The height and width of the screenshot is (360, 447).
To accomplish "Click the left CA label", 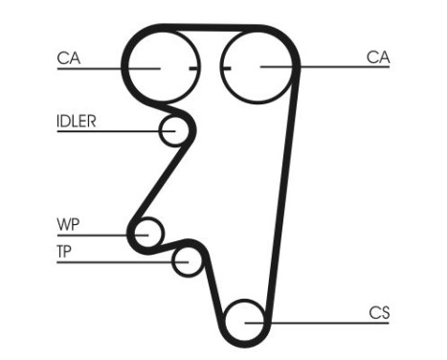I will [68, 58].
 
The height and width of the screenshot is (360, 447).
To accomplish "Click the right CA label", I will [378, 58].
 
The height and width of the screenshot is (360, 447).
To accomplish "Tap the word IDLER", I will [77, 122].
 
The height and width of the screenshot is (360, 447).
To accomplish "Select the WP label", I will [68, 225].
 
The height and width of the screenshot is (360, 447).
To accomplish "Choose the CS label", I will [379, 312].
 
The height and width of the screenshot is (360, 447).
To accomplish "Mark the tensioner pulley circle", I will [188, 259].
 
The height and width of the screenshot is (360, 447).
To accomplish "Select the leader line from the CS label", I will [325, 322].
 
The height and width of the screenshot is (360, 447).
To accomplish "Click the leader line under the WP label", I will [96, 234].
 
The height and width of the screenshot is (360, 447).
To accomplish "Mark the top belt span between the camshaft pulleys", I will [210, 29].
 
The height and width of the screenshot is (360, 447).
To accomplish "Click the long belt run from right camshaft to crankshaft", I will [282, 191].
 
